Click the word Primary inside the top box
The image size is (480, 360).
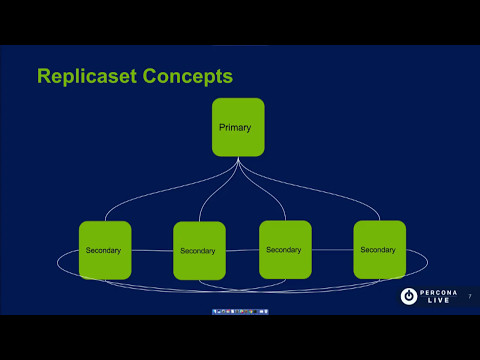click(x=235, y=128)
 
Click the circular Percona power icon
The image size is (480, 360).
click(x=408, y=296)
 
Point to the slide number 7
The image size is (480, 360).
click(x=469, y=295)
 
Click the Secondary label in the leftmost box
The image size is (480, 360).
click(x=104, y=250)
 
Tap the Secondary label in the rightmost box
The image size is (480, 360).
click(x=378, y=250)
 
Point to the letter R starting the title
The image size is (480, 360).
click(x=44, y=75)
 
